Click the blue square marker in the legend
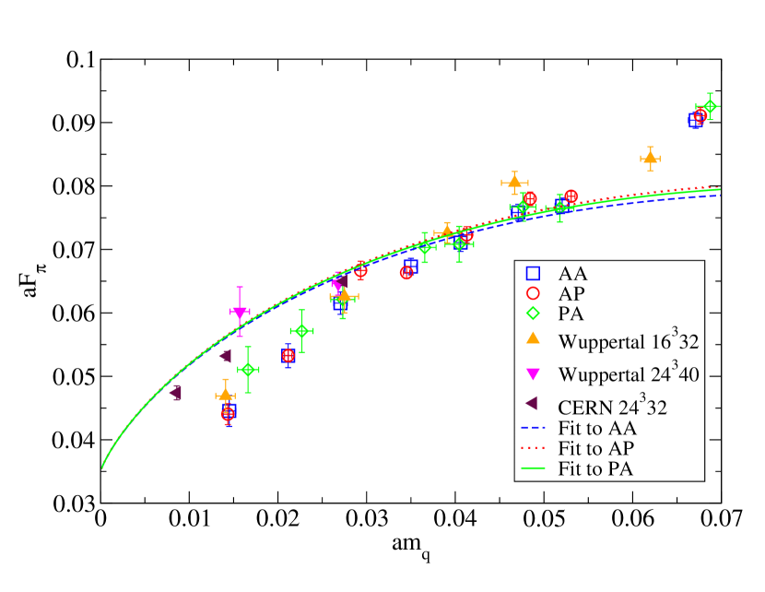coord(532,273)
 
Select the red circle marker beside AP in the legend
coord(532,293)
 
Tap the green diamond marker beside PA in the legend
coord(532,313)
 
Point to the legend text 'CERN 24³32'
coord(612,407)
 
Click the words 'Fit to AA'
coord(597,428)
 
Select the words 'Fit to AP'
coord(596,448)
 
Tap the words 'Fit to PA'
coord(596,468)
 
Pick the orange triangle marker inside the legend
coord(532,338)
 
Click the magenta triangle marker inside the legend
coord(532,373)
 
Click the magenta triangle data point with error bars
coord(240,313)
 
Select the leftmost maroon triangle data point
coord(175,392)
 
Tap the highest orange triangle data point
coord(650,159)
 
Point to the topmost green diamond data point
coord(709,107)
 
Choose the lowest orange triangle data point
coord(225,395)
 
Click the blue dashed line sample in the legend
coord(532,429)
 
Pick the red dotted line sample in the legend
coord(532,449)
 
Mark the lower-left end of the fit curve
coord(102,468)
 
